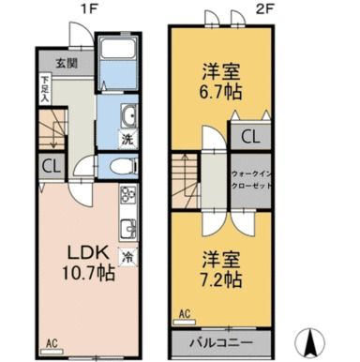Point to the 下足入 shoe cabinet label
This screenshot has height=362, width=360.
(44, 91)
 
